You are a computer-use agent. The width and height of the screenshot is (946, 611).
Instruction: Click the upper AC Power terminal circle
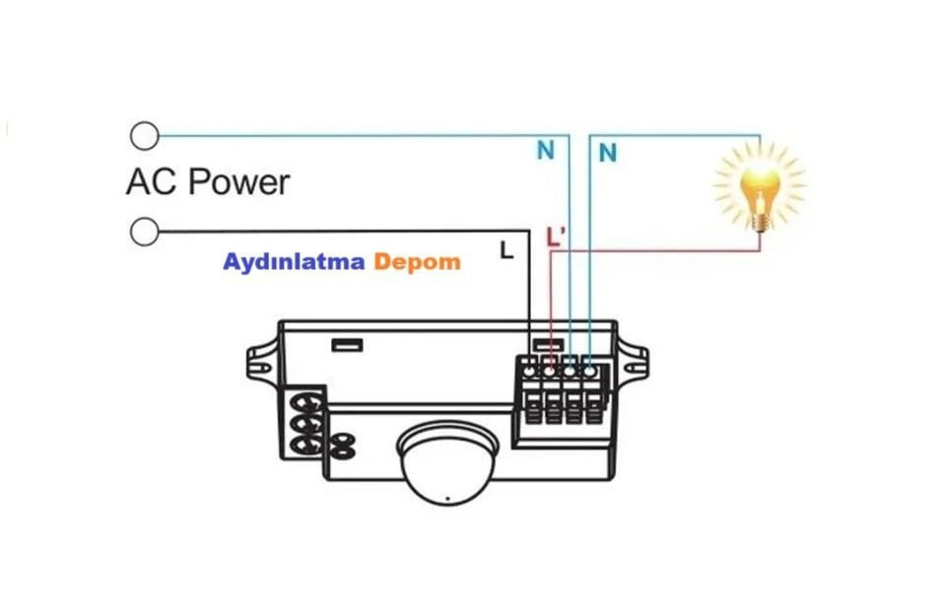145,134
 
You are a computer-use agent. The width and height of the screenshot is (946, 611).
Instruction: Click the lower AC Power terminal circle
145,232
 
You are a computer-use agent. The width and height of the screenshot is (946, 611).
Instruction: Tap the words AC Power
208,182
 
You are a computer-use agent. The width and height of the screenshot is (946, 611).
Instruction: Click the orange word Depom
417,262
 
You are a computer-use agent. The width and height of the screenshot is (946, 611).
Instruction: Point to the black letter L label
507,250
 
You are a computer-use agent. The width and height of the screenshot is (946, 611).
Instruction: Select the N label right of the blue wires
608,153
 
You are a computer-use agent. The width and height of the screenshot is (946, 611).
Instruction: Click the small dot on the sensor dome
446,497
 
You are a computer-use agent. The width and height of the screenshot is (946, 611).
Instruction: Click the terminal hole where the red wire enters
550,372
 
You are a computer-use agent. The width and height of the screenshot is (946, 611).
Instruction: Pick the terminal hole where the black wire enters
530,372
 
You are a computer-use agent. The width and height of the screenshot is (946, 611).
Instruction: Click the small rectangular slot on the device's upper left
347,346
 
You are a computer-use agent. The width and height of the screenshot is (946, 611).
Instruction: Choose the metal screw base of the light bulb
760,221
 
